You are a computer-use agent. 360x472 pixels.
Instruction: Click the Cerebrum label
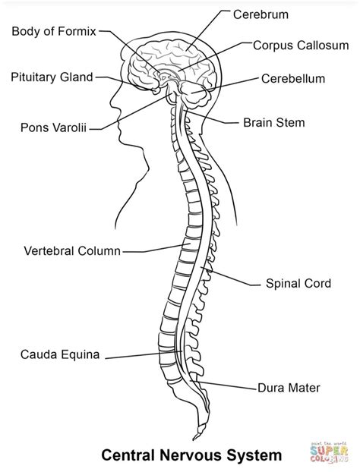261,14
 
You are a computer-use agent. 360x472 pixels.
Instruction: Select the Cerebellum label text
292,78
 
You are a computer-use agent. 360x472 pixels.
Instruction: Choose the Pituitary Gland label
52,77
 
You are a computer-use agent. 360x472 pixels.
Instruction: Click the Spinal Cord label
298,284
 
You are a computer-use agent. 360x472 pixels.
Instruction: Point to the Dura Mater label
289,388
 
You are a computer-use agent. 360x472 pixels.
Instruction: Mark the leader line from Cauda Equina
133,354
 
